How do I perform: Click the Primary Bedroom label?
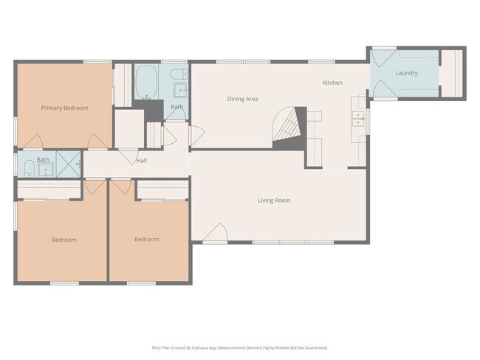pos(64,108)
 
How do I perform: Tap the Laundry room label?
pos(406,73)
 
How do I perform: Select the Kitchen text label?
pos(332,83)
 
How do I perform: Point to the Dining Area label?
pos(242,99)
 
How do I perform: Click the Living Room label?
pos(273,201)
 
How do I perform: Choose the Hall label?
pos(142,161)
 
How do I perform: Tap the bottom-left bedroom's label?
pos(64,240)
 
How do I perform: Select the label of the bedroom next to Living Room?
pos(146,239)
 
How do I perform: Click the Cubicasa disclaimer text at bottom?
pos(239,347)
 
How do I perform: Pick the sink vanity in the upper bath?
pos(179,91)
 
